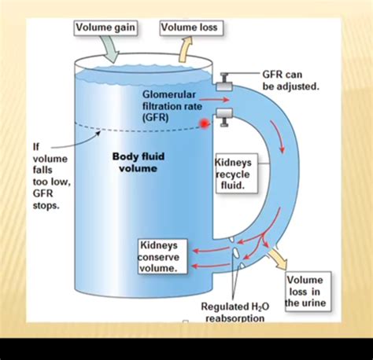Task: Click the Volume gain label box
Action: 106,28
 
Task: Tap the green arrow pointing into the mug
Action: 110,49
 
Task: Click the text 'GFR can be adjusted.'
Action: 290,79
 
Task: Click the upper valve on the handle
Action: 224,79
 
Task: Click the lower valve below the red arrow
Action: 224,118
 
